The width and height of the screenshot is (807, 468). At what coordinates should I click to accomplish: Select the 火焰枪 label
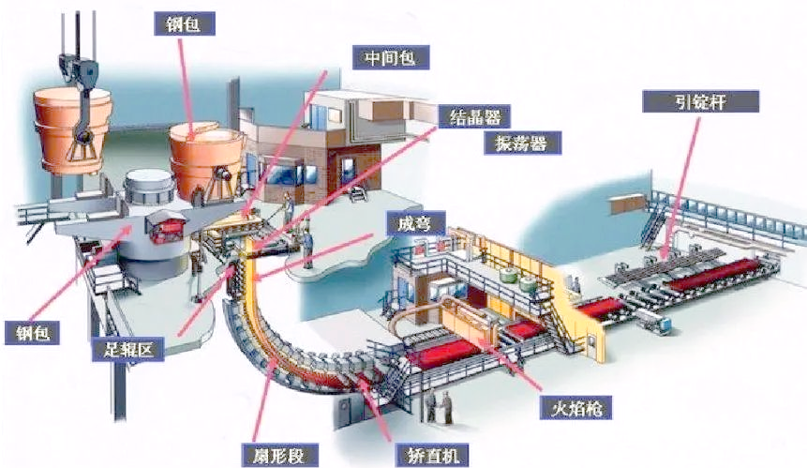(573, 408)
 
